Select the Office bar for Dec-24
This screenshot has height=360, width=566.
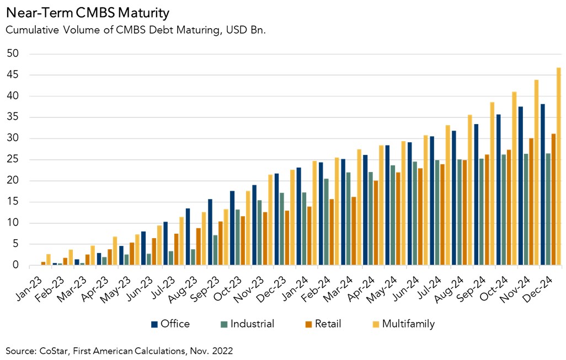pyautogui.click(x=542, y=185)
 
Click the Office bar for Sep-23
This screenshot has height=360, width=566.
pyautogui.click(x=210, y=232)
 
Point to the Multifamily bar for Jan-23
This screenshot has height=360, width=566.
pyautogui.click(x=49, y=260)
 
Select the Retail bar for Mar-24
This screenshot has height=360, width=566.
pyautogui.click(x=354, y=231)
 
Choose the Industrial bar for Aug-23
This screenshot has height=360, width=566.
pyautogui.click(x=193, y=257)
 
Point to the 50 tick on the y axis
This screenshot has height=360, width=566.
pyautogui.click(x=12, y=54)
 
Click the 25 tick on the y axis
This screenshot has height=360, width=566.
pyautogui.click(x=12, y=160)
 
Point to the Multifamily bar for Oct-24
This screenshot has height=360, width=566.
pyautogui.click(x=514, y=179)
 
